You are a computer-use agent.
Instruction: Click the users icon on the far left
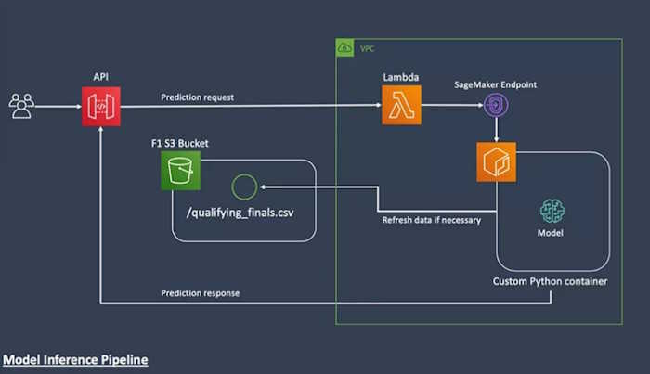[21, 107]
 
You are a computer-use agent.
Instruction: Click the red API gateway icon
[99, 107]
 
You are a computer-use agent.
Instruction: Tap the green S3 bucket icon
[180, 171]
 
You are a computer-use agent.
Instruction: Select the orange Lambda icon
[400, 105]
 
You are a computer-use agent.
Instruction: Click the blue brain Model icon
[551, 210]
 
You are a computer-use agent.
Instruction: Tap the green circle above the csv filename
[242, 187]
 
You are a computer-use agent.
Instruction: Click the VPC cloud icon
[345, 48]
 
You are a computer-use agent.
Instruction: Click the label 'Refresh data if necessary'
[431, 221]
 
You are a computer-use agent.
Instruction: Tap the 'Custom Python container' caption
[550, 280]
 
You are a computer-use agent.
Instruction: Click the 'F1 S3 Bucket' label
[180, 143]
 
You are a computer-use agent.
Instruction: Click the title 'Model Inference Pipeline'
[74, 358]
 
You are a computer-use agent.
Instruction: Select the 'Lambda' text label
[400, 77]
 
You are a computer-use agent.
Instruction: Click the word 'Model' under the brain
[550, 233]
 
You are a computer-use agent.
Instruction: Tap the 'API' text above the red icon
[99, 78]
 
